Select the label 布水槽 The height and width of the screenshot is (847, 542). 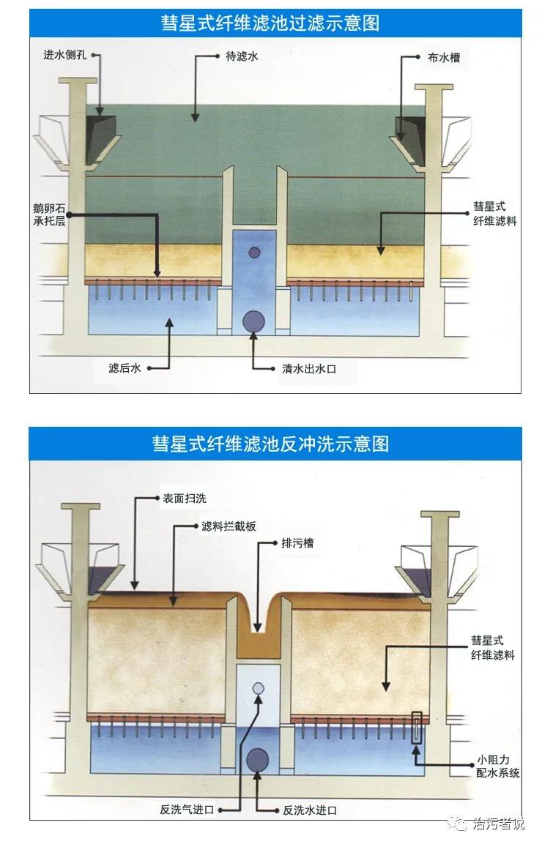coord(444,57)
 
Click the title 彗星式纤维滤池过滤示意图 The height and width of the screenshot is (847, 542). coord(270,23)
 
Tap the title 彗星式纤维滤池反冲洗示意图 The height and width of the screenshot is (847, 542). coord(270,444)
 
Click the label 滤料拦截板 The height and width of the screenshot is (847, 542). coord(229,526)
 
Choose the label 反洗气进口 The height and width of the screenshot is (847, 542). coord(187,810)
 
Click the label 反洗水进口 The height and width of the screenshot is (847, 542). coord(310,810)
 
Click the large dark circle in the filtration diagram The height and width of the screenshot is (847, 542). coord(254,322)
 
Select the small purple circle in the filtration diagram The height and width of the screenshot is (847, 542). coord(254,253)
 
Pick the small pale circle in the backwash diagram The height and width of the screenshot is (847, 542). coord(258,688)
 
